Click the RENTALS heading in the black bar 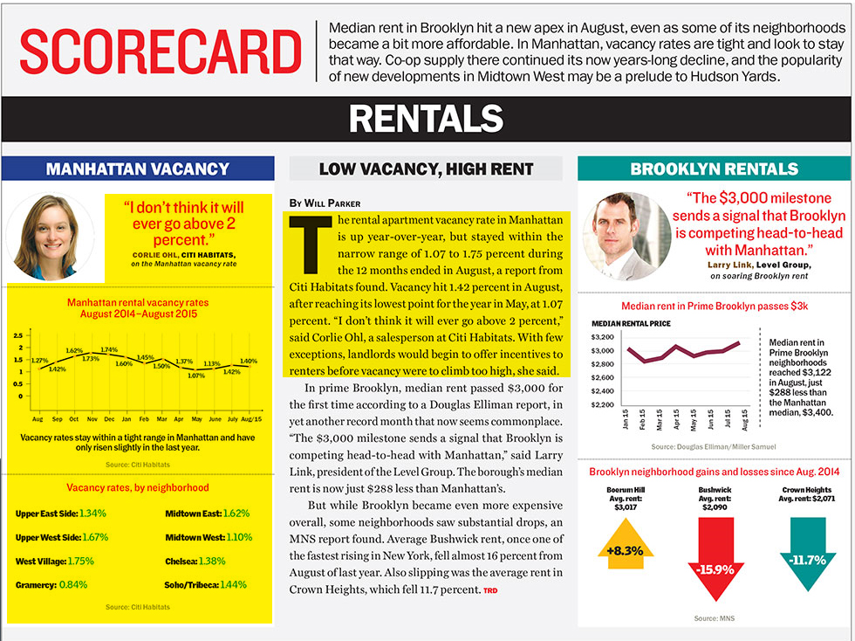[x=427, y=119]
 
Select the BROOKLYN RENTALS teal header [x=714, y=169]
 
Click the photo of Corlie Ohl [x=50, y=236]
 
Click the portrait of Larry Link [x=626, y=235]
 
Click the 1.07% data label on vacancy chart [x=195, y=376]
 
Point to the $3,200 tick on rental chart [x=603, y=336]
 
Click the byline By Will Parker [x=325, y=203]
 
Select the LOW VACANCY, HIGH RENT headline [x=426, y=169]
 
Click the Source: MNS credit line [x=714, y=618]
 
